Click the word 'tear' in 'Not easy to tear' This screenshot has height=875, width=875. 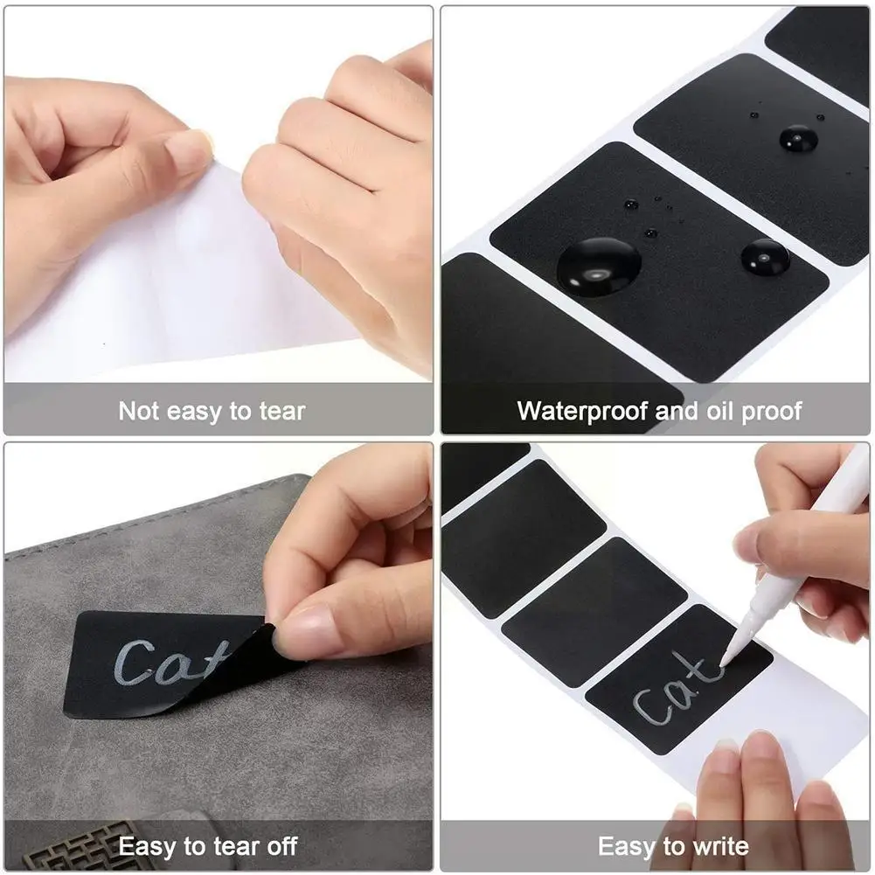point(281,411)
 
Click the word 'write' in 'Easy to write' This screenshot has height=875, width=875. point(720,846)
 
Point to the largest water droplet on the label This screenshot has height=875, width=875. point(599,267)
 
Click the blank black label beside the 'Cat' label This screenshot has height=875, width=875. point(594,612)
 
